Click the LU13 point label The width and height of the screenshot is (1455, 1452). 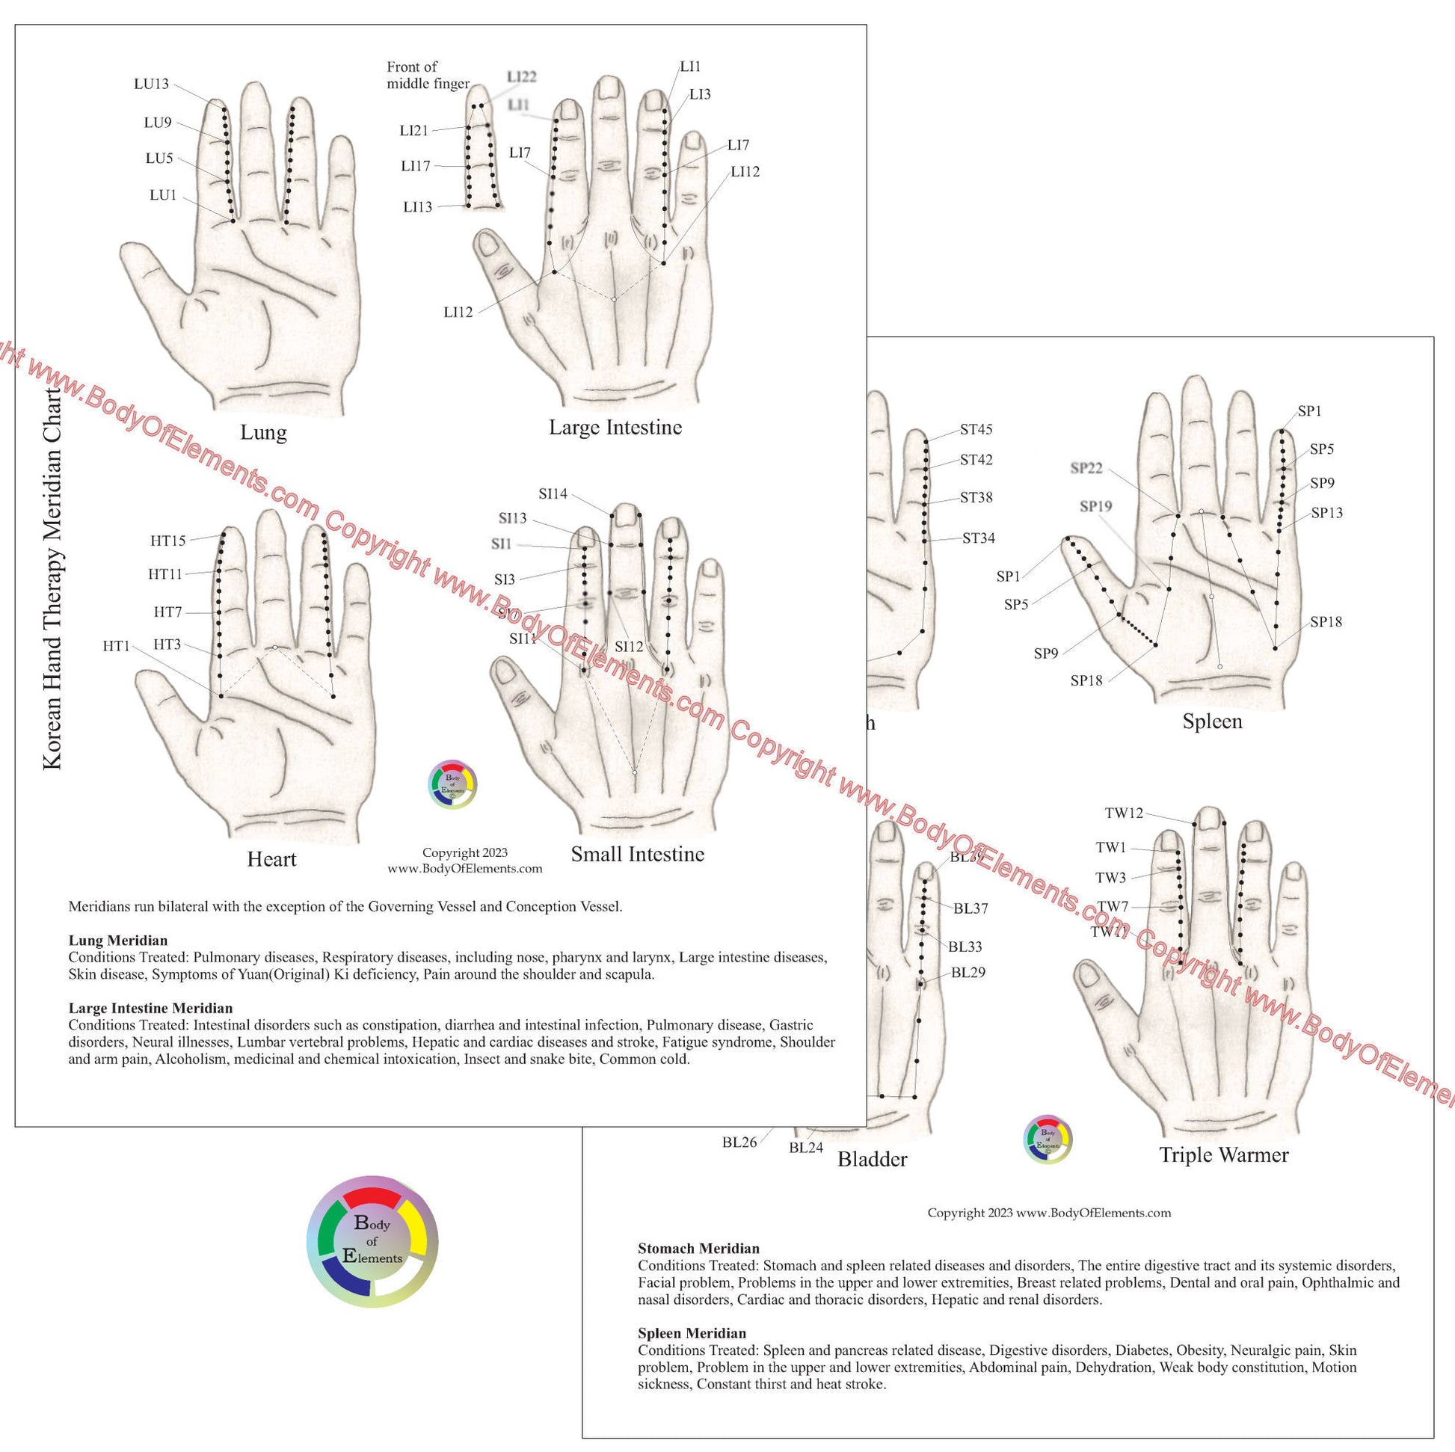coord(151,84)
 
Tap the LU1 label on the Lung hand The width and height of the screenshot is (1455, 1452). coord(163,195)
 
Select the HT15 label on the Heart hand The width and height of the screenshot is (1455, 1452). coord(168,540)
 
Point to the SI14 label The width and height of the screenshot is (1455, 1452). coord(553,494)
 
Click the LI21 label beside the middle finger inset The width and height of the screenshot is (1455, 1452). coord(413,131)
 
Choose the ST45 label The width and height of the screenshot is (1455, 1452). coord(976,430)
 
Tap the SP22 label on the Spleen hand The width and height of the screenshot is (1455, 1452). coord(1086,469)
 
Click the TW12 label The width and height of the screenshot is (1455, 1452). coord(1124,813)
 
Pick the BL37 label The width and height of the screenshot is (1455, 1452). coord(970,908)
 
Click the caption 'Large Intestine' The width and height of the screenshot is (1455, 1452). coord(615,428)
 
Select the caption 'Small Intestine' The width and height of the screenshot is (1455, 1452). coord(637,854)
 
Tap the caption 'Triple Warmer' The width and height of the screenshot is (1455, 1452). coord(1224,1154)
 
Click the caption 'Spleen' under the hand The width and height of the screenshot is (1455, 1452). coord(1212,722)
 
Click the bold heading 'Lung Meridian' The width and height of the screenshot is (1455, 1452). coord(118,940)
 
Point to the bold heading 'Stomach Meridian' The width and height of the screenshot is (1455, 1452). coord(698,1249)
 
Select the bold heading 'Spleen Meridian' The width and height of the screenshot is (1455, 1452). coord(692,1334)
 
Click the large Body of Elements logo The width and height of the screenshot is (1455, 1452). coord(373,1241)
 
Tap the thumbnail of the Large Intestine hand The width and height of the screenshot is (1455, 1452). coord(603,248)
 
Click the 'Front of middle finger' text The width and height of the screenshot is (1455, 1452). coord(428,76)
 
